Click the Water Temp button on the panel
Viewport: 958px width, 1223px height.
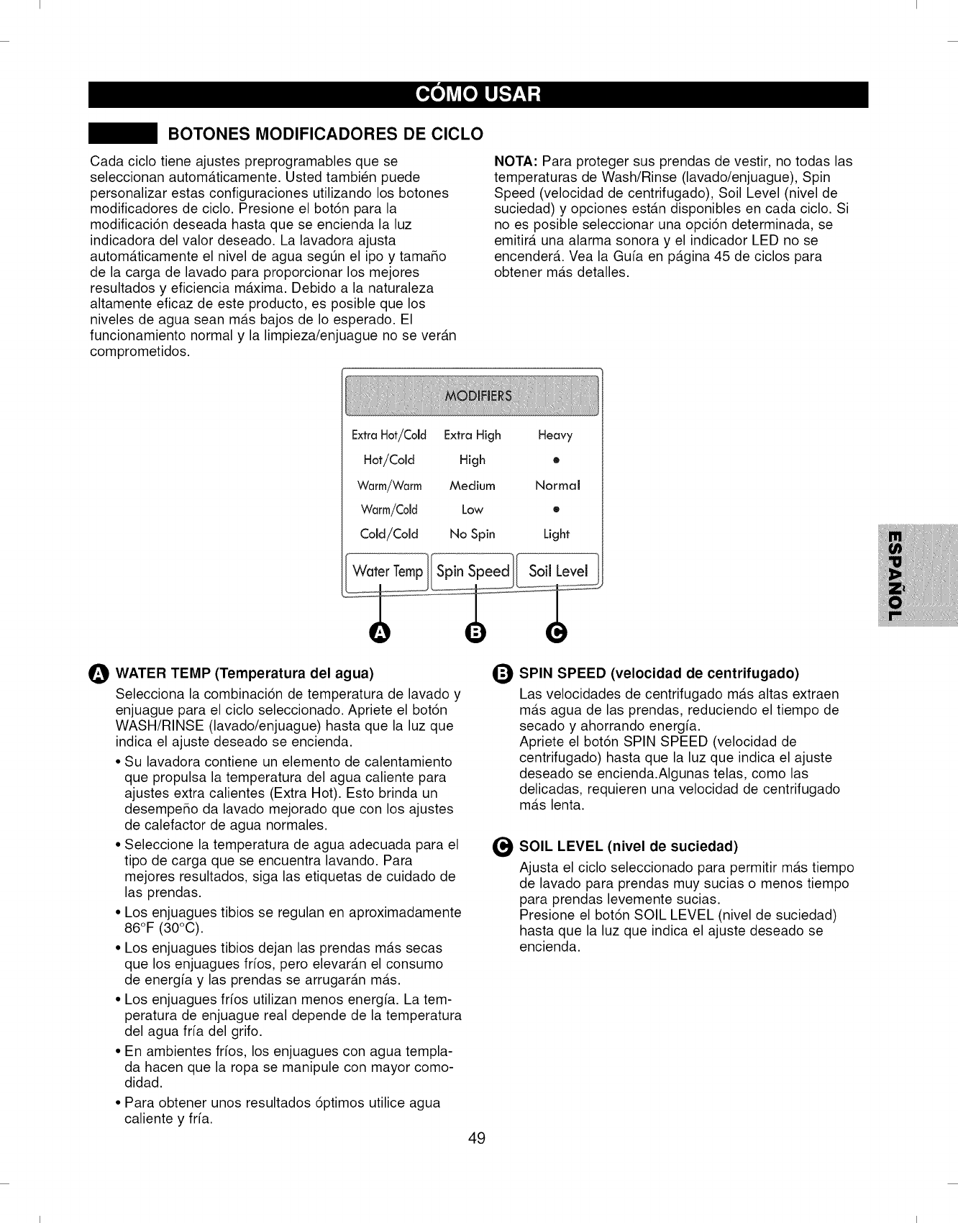(x=387, y=571)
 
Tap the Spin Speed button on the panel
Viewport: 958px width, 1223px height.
(x=473, y=571)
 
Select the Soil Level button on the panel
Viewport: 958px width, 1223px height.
(x=558, y=571)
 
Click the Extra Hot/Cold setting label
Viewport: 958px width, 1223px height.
(x=388, y=435)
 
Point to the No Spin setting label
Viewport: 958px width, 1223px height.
(x=472, y=534)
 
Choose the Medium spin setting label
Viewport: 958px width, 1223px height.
(x=472, y=486)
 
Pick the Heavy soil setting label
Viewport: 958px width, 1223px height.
(x=555, y=435)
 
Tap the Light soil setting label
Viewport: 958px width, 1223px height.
(x=556, y=534)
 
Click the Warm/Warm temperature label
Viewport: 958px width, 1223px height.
(x=389, y=486)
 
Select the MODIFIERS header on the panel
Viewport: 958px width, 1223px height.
(x=478, y=396)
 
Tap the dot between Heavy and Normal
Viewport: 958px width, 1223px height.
(x=556, y=460)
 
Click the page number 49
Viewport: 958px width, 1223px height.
(x=477, y=1138)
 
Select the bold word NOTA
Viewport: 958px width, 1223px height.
(x=516, y=161)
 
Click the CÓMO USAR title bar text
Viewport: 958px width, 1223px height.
(x=478, y=95)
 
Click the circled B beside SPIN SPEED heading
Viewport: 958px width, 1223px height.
(x=503, y=674)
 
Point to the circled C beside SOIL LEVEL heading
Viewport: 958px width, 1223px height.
(x=503, y=846)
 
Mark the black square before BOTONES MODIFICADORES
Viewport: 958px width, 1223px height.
(x=123, y=134)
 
